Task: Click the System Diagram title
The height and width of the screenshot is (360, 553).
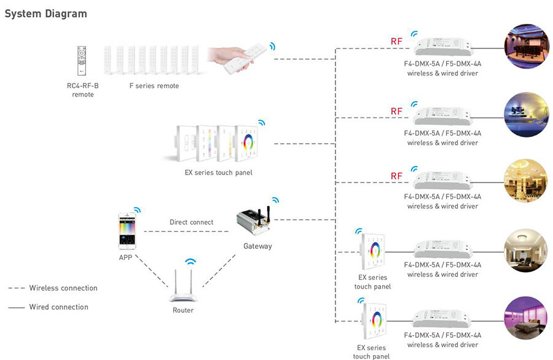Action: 45,14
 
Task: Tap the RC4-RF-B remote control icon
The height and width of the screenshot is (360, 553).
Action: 82,60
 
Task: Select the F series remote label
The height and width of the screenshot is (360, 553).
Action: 154,85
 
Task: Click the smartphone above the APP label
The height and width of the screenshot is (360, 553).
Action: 127,231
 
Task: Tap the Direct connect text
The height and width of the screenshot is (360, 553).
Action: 192,222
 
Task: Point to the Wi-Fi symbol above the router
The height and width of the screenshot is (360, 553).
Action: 190,262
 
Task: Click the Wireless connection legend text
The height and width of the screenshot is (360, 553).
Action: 63,288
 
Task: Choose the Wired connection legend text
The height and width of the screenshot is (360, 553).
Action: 59,307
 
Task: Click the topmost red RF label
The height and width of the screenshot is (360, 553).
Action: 396,42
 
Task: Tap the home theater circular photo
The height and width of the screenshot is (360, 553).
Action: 527,46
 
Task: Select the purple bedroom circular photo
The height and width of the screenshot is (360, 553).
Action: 526,318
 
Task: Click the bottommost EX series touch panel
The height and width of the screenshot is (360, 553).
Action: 375,321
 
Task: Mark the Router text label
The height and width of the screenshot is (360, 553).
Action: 183,310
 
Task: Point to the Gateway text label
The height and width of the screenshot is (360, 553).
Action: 258,246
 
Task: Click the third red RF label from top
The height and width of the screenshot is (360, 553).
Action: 396,176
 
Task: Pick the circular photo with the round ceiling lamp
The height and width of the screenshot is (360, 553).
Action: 526,251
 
